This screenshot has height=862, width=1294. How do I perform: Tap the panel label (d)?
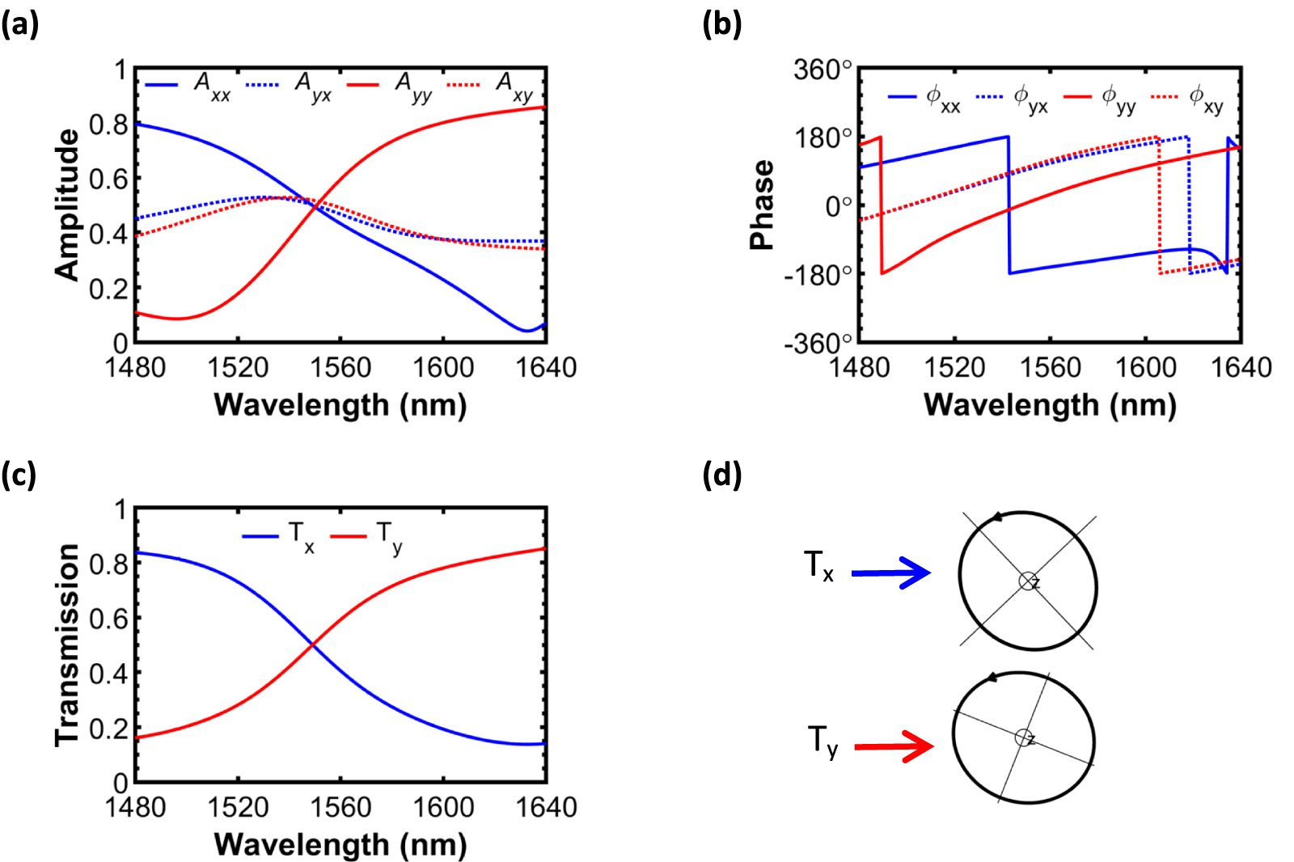pyautogui.click(x=722, y=475)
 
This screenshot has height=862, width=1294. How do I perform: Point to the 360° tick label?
pyautogui.click(x=822, y=70)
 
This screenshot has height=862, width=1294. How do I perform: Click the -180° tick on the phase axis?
pyautogui.click(x=818, y=275)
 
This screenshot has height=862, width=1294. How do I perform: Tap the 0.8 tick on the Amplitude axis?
pyautogui.click(x=108, y=125)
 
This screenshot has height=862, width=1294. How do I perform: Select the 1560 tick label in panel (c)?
pyautogui.click(x=340, y=807)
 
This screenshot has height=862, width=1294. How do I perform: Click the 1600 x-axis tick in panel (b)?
pyautogui.click(x=1145, y=368)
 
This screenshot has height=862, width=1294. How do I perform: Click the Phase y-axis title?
pyautogui.click(x=762, y=205)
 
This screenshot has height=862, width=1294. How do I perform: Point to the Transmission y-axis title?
pyautogui.click(x=67, y=644)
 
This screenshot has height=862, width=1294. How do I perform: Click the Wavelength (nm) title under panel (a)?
pyautogui.click(x=340, y=404)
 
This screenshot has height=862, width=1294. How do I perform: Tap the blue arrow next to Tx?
pyautogui.click(x=890, y=573)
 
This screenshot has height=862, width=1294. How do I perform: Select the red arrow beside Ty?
pyautogui.click(x=893, y=746)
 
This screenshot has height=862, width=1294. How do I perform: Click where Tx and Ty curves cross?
pyautogui.click(x=312, y=644)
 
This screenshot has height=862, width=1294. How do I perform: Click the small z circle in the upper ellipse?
pyautogui.click(x=1027, y=581)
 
